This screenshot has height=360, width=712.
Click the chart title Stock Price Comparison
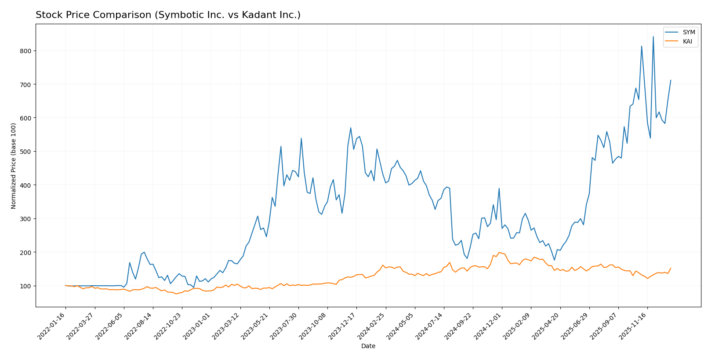pyautogui.click(x=168, y=15)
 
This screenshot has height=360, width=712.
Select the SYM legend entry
pyautogui.click(x=689, y=33)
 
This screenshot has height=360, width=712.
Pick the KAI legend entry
pyautogui.click(x=687, y=42)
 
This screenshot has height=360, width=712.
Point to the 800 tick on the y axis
pyautogui.click(x=26, y=51)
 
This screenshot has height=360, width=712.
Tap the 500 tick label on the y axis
pyautogui.click(x=26, y=152)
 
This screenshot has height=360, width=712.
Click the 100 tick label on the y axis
pyautogui.click(x=26, y=286)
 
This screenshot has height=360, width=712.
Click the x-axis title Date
pyautogui.click(x=368, y=346)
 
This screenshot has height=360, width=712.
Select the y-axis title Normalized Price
pyautogui.click(x=14, y=166)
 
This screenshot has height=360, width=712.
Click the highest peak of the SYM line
pyautogui.click(x=653, y=36)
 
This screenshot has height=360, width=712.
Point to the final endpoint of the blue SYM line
pyautogui.click(x=671, y=80)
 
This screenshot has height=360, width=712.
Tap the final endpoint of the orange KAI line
pyautogui.click(x=671, y=268)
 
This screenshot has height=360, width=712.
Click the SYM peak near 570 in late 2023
pyautogui.click(x=351, y=128)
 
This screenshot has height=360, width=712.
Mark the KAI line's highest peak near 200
pyautogui.click(x=499, y=252)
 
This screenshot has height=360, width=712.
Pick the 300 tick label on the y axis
pyautogui.click(x=26, y=219)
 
